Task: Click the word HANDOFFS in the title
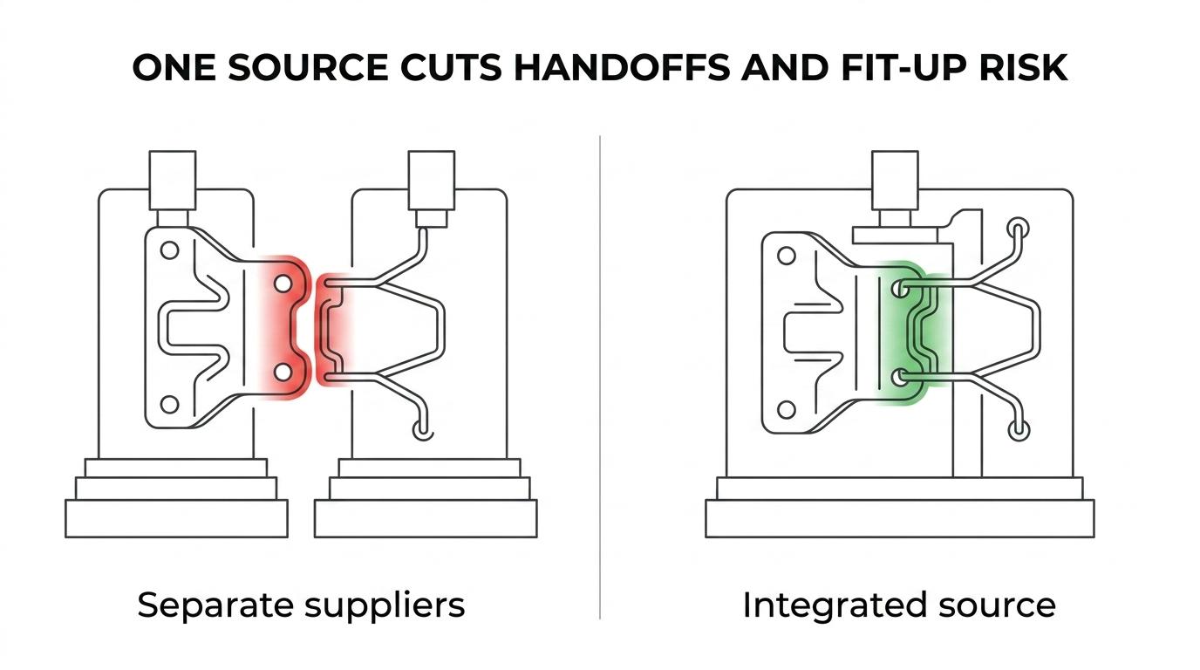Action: pyautogui.click(x=622, y=67)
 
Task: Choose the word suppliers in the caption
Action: pyautogui.click(x=385, y=606)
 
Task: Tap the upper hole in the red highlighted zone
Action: pyautogui.click(x=283, y=284)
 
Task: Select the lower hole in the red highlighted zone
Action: pyautogui.click(x=283, y=372)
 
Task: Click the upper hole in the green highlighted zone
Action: pyautogui.click(x=900, y=290)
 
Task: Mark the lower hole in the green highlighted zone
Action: pyautogui.click(x=900, y=378)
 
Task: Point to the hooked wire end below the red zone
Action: pyautogui.click(x=423, y=430)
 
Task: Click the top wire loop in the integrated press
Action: pyautogui.click(x=1019, y=228)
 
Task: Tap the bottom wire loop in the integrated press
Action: pyautogui.click(x=1019, y=430)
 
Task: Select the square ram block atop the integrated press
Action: pyautogui.click(x=895, y=181)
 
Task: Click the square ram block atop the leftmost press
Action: pyautogui.click(x=173, y=181)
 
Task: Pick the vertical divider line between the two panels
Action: pyautogui.click(x=599, y=378)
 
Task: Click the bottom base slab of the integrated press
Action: pyautogui.click(x=900, y=518)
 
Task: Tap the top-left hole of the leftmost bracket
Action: pyautogui.click(x=170, y=250)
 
